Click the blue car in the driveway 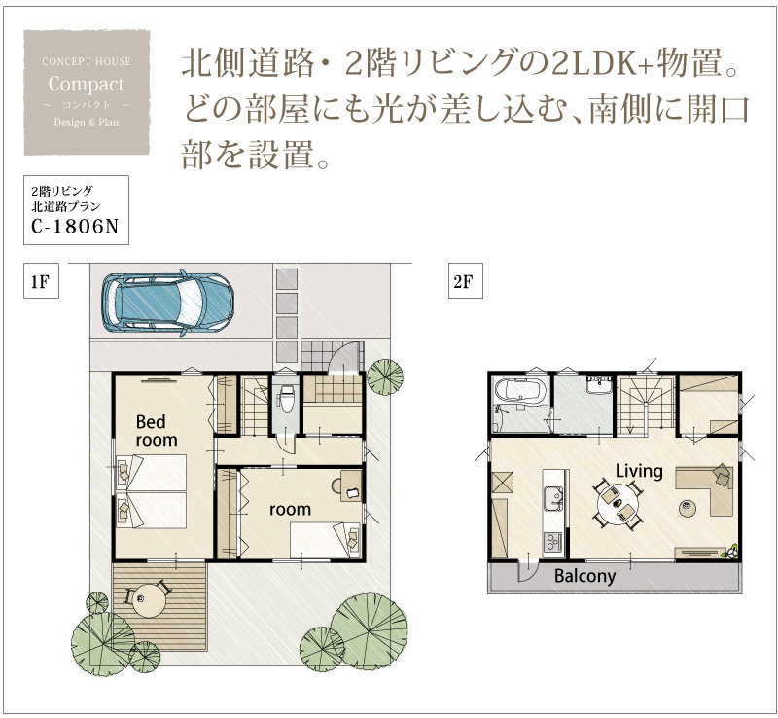(167, 303)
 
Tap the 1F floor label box (41, 281)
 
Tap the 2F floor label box (466, 281)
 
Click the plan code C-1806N (75, 227)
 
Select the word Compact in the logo (87, 84)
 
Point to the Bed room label (157, 431)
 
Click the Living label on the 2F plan (639, 470)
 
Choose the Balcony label (585, 576)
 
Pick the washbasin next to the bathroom (598, 385)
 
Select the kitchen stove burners (552, 542)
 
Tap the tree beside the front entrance (384, 377)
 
